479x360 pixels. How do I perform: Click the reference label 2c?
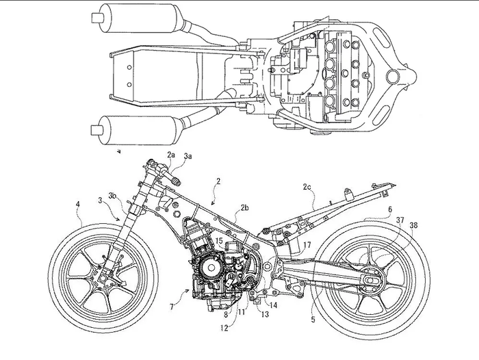coord(308,185)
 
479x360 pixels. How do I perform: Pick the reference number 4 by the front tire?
coord(78,203)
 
